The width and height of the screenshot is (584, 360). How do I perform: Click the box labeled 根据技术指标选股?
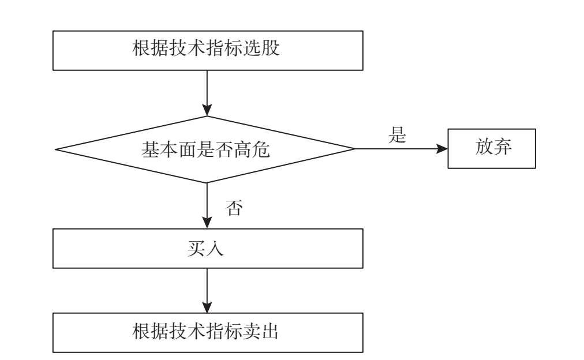(x=208, y=50)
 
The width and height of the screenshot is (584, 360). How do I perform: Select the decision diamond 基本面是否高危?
(x=205, y=149)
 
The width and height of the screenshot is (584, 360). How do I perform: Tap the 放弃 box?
(x=492, y=148)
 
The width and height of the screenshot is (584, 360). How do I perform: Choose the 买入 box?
(x=208, y=248)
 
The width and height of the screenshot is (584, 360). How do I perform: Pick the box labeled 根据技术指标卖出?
(x=208, y=332)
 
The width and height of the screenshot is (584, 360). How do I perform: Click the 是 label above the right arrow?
(x=398, y=136)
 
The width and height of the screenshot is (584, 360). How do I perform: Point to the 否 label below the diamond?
(x=233, y=208)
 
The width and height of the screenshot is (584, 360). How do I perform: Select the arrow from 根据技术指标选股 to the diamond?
(x=207, y=92)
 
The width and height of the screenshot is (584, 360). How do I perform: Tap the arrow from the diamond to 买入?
(x=207, y=205)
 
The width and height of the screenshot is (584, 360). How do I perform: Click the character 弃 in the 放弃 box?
(x=503, y=148)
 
